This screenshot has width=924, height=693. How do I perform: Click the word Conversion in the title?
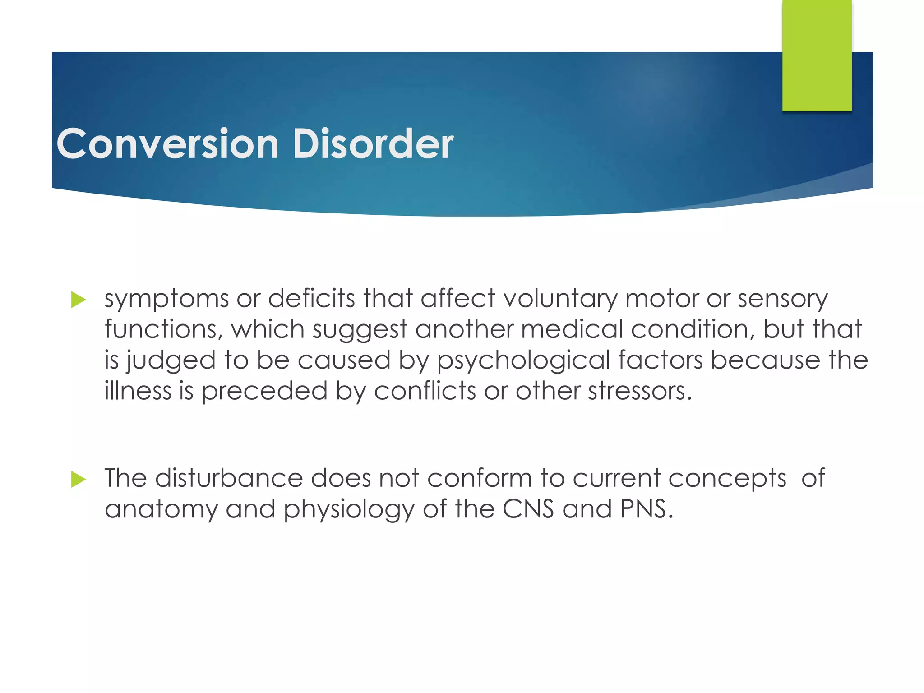(167, 143)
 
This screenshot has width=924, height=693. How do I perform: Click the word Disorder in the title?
(373, 143)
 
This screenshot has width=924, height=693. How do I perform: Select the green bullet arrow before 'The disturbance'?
(78, 480)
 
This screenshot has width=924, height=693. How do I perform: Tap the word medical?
(572, 329)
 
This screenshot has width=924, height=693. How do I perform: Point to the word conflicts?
(425, 391)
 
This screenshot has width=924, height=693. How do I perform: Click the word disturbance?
(229, 478)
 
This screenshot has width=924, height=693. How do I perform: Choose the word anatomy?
(161, 510)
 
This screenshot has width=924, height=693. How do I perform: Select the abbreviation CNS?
(528, 509)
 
